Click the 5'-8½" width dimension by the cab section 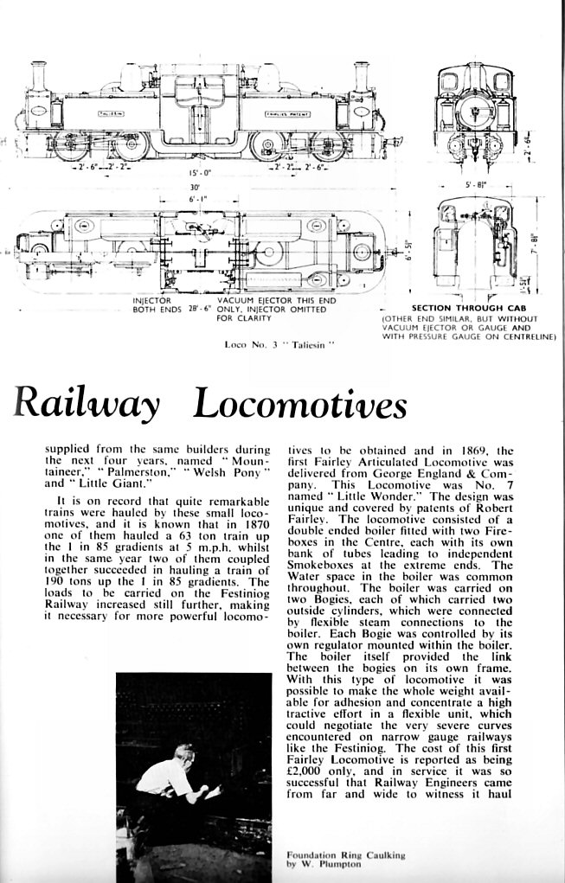[477, 183]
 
